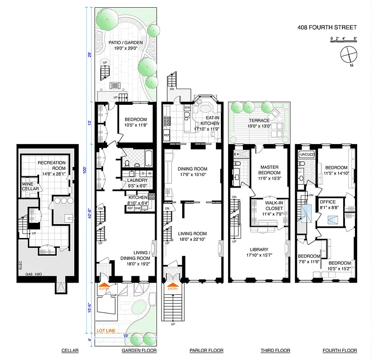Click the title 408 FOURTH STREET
coord(327,27)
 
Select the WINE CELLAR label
coord(30,186)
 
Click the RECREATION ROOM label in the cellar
coord(51,165)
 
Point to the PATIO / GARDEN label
coord(125,45)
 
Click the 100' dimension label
coord(89,170)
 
